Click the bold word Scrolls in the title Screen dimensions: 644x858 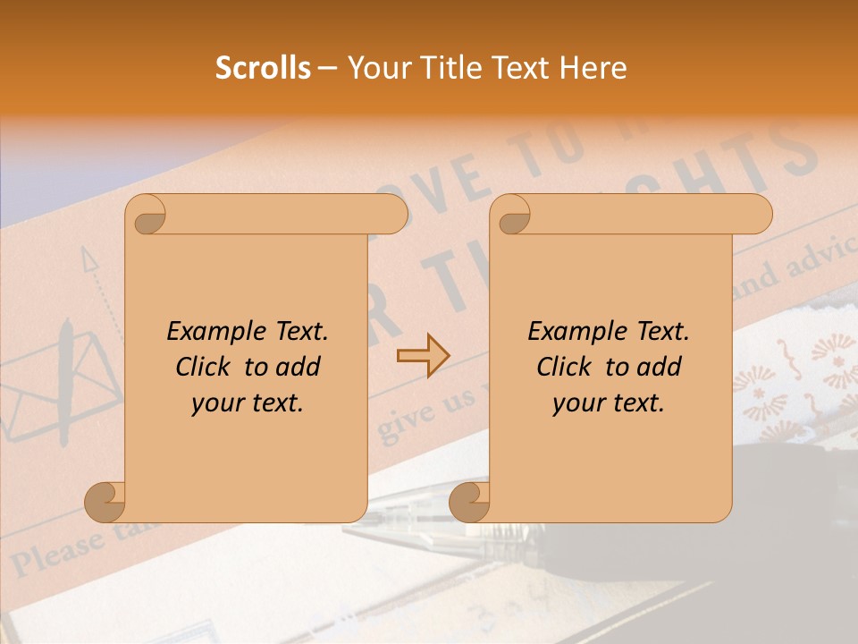[x=264, y=68]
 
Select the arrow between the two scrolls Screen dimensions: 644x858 [x=423, y=356]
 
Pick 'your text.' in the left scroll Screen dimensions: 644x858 [x=248, y=403]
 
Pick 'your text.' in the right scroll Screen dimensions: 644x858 [x=609, y=403]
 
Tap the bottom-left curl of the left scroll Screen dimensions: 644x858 [x=105, y=502]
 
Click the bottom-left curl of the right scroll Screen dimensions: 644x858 [x=469, y=502]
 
